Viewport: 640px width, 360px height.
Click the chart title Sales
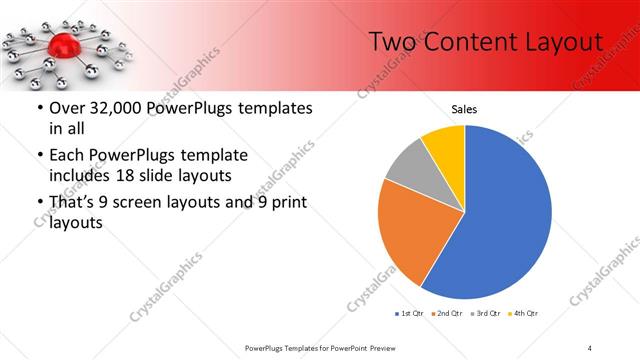click(464, 108)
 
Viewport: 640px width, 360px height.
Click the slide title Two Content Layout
click(485, 41)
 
